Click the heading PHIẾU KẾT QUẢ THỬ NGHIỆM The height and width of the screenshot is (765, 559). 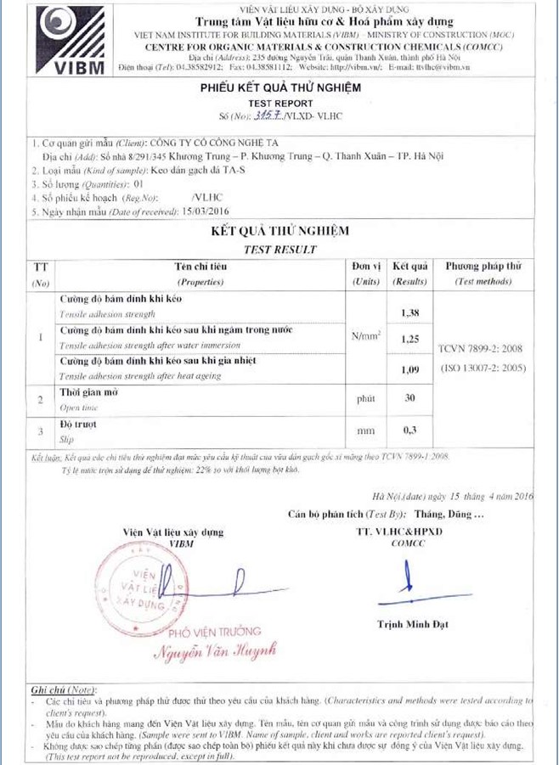pyautogui.click(x=280, y=87)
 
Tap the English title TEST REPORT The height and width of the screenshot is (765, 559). pyautogui.click(x=280, y=101)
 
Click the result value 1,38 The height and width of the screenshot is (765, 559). pyautogui.click(x=411, y=312)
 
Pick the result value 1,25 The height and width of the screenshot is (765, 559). pyautogui.click(x=411, y=340)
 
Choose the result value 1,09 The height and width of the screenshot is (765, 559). pyautogui.click(x=411, y=369)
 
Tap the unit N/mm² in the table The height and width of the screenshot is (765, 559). pyautogui.click(x=366, y=337)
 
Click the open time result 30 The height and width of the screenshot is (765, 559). pyautogui.click(x=411, y=397)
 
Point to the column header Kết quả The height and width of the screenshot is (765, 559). pyautogui.click(x=411, y=267)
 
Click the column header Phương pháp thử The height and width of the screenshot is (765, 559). pyautogui.click(x=483, y=267)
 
